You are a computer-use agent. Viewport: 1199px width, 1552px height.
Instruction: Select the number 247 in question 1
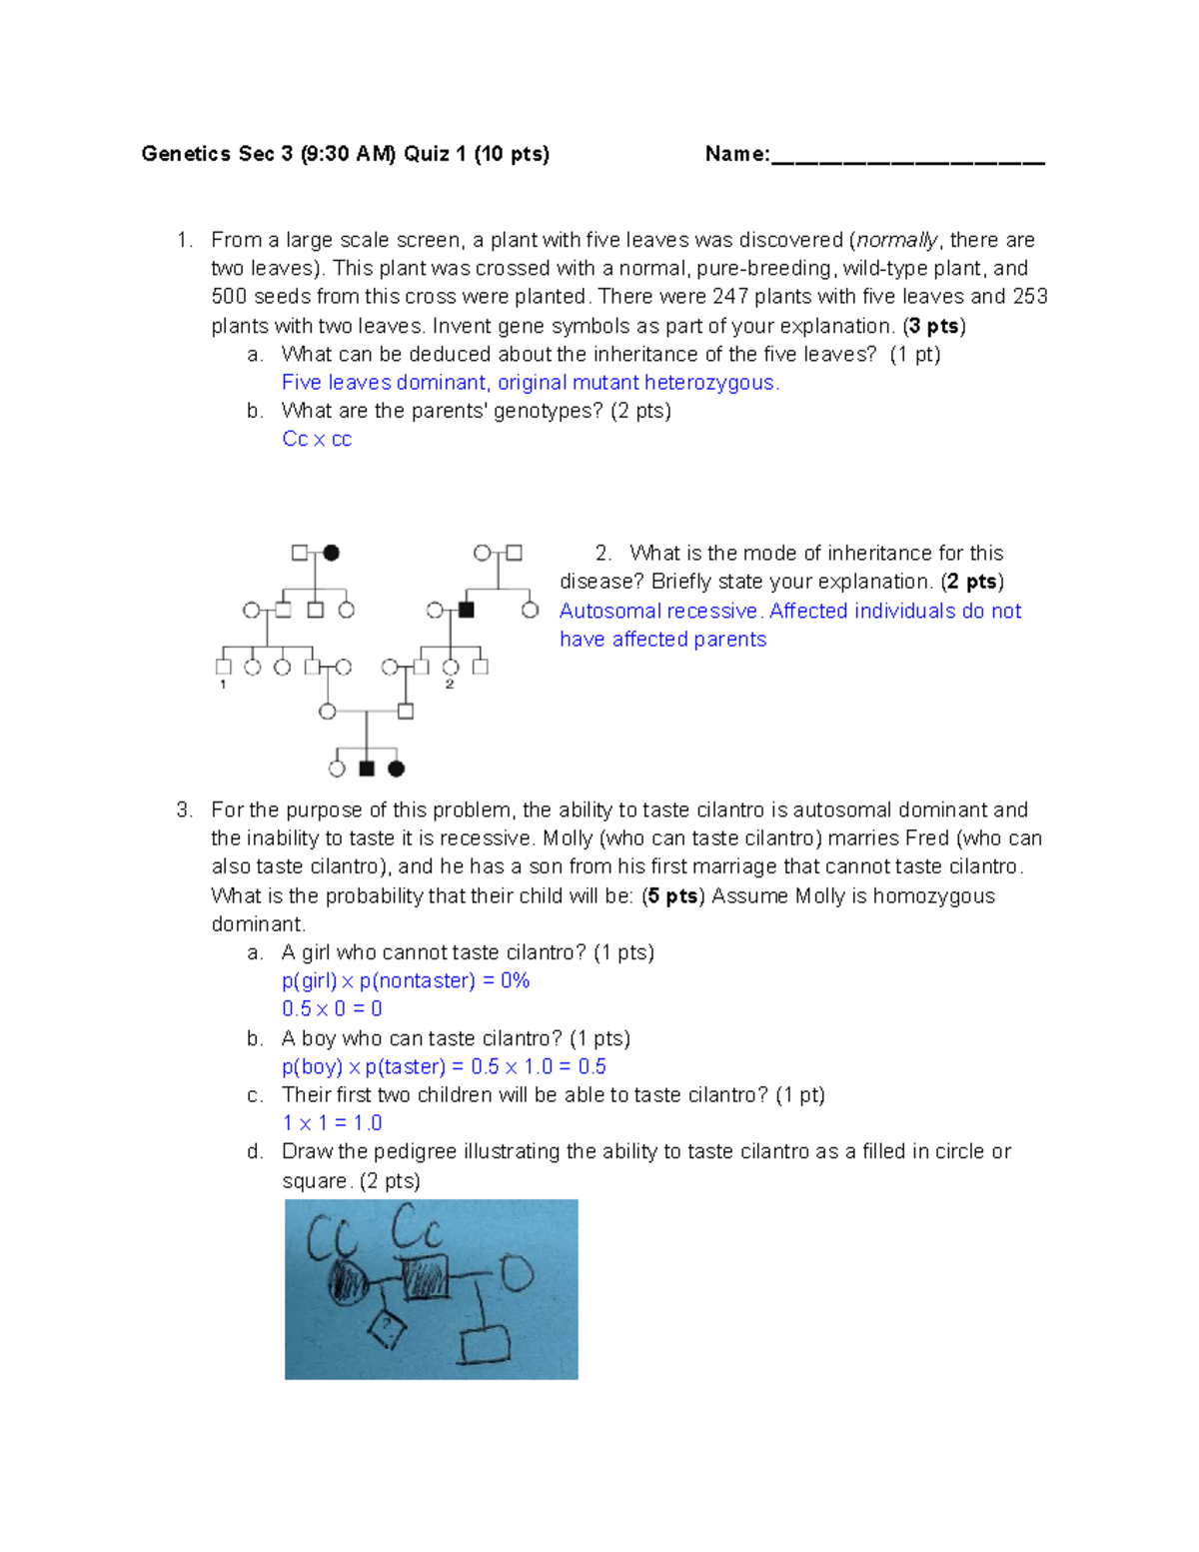730,297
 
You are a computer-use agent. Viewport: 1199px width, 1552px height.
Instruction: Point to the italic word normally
897,240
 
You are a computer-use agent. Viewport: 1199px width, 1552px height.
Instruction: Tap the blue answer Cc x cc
317,440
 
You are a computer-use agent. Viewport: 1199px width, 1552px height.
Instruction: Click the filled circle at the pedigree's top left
332,553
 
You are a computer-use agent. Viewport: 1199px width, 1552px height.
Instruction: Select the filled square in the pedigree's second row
466,610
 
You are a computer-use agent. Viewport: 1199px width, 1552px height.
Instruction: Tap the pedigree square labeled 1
223,667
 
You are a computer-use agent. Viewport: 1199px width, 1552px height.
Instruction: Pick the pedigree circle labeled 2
451,667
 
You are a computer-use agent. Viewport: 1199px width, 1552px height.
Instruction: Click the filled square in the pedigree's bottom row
367,769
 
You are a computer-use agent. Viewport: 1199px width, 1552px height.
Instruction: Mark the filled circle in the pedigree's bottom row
397,769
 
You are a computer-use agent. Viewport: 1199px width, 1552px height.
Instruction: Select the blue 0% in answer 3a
515,981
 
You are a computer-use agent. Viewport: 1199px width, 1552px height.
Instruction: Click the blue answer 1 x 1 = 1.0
332,1123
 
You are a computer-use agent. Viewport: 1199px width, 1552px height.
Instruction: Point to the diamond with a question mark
387,1328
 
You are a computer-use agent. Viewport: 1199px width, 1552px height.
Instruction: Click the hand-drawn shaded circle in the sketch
348,1281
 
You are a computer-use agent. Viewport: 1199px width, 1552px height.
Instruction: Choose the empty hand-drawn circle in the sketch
516,1273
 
